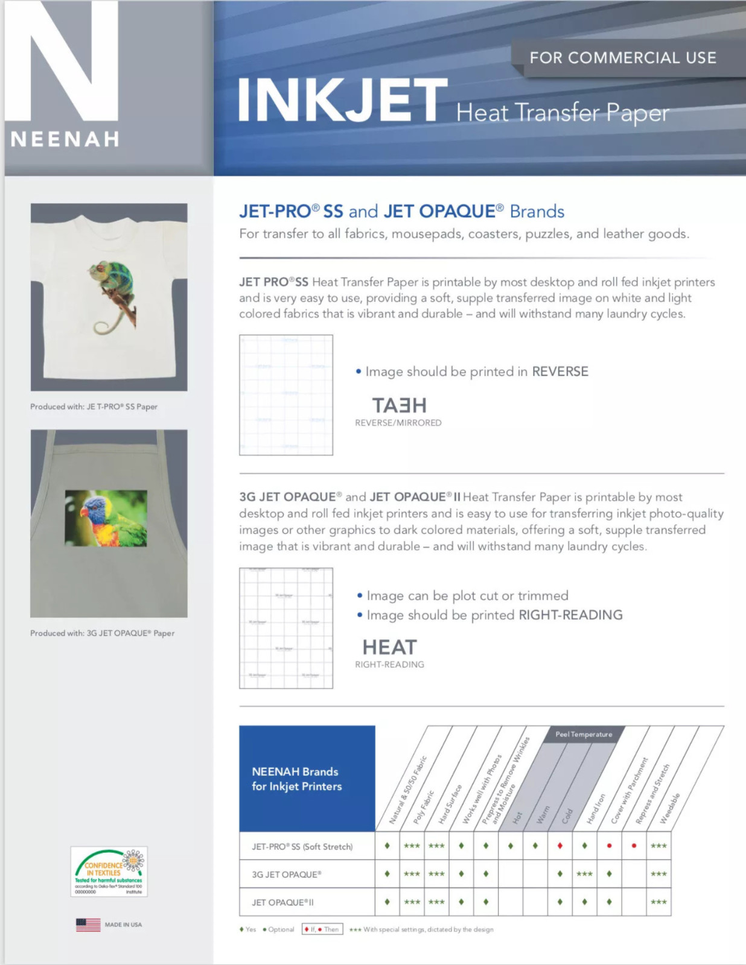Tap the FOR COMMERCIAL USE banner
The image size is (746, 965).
click(623, 58)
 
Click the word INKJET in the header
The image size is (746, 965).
click(342, 101)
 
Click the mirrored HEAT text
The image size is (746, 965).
click(399, 405)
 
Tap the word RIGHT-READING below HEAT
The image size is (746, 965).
click(389, 665)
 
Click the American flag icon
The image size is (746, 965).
click(88, 925)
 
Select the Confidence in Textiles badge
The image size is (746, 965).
click(109, 872)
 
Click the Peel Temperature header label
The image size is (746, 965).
click(584, 734)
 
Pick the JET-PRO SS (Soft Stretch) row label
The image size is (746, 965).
click(302, 847)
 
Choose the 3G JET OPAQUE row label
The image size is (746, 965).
click(286, 875)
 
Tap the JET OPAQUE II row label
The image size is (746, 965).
click(282, 902)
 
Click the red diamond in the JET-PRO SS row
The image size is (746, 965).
click(560, 846)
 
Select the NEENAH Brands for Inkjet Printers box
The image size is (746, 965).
click(307, 779)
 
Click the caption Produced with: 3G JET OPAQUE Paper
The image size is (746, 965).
click(102, 633)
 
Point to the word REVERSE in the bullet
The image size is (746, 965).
click(559, 372)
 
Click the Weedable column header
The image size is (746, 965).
click(670, 808)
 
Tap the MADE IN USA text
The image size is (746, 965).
click(123, 925)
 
